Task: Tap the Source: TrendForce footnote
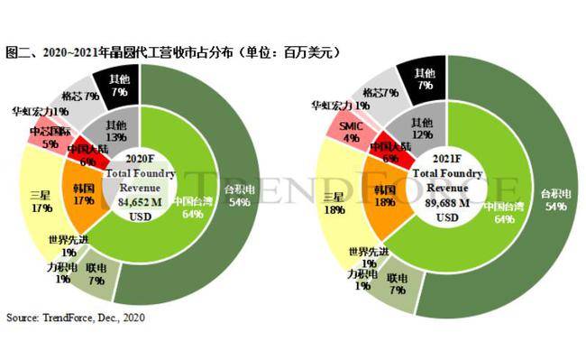coord(76,318)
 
